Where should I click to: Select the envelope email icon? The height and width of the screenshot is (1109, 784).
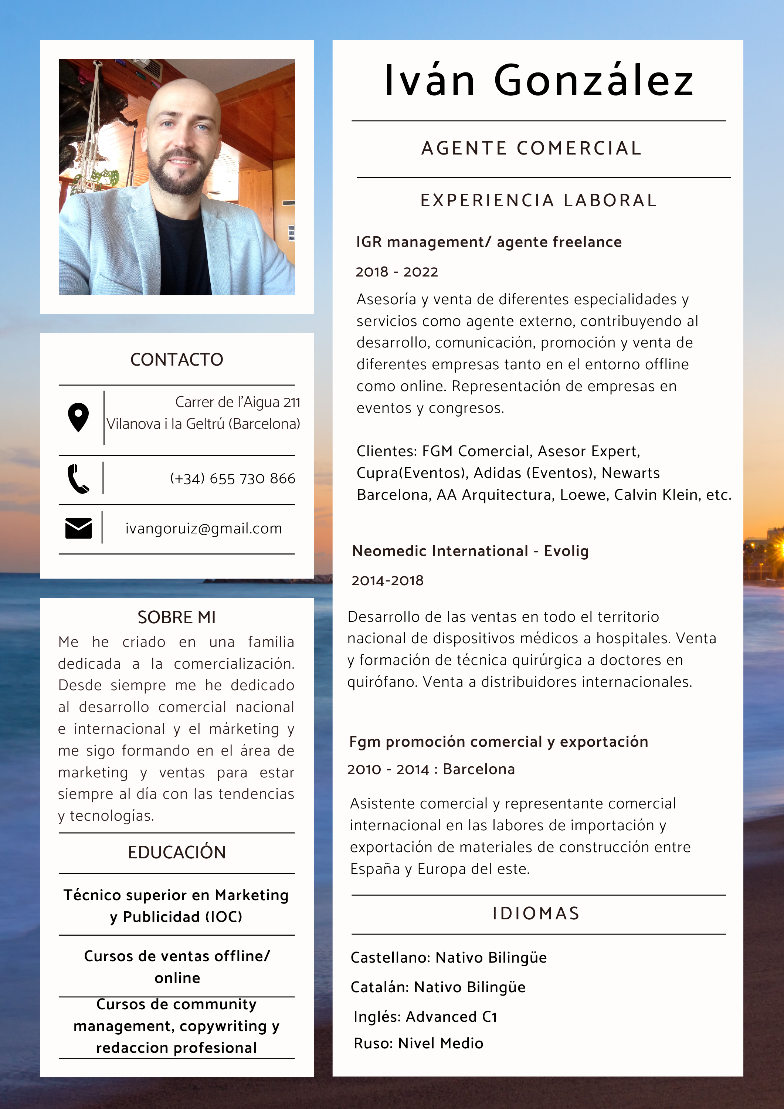point(78,528)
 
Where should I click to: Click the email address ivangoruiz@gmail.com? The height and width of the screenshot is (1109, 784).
point(203,528)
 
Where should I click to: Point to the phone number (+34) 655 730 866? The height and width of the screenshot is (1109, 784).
point(233,479)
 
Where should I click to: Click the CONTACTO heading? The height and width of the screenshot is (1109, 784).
point(177,360)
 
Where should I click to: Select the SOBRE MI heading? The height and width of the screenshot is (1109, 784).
point(177,617)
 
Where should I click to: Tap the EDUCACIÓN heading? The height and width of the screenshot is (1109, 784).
point(177,852)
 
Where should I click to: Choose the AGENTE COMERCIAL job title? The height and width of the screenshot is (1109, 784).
point(532,148)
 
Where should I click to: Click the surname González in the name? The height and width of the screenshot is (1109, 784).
point(594,81)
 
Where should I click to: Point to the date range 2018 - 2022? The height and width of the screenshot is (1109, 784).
point(397,272)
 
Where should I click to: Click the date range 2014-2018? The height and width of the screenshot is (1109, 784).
point(387,581)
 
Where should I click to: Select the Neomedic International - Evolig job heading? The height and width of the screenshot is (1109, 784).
point(470,551)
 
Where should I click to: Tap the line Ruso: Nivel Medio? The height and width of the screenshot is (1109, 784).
point(418,1043)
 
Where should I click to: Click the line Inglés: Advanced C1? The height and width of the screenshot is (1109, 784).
point(425,1017)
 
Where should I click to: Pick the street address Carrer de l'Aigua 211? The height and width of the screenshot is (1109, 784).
point(237,402)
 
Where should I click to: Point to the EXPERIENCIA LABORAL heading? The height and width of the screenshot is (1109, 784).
point(539,200)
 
